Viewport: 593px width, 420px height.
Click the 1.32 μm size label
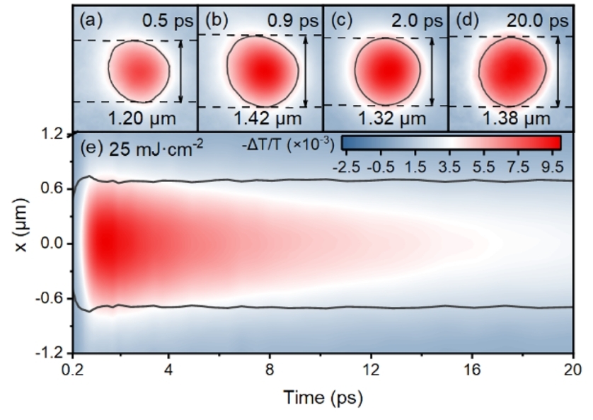click(x=385, y=117)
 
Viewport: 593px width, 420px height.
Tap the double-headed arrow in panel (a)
click(x=180, y=72)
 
